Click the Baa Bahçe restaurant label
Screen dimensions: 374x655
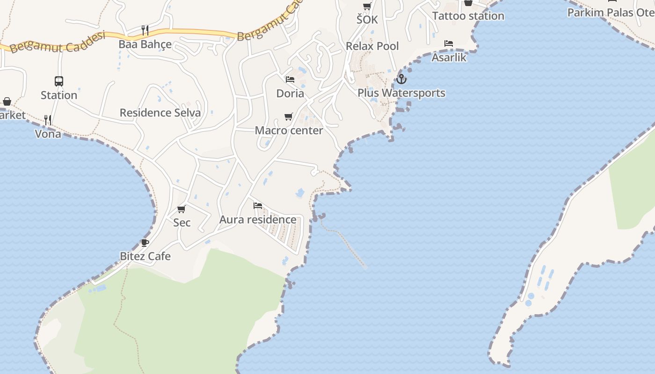click(145, 44)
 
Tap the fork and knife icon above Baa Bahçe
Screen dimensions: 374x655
click(145, 30)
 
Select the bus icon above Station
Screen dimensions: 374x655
click(59, 81)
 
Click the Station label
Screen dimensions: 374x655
click(59, 95)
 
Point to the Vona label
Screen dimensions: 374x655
click(48, 134)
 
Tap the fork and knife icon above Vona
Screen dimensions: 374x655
click(48, 120)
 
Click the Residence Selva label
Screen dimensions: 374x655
click(160, 113)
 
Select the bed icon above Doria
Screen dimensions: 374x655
click(290, 79)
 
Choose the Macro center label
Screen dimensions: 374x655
click(289, 130)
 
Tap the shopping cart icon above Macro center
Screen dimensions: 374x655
click(289, 116)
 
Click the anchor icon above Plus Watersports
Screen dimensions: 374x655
click(401, 79)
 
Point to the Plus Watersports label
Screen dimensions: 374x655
click(401, 93)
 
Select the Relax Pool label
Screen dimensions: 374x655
click(372, 46)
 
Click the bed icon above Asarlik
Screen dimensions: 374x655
click(449, 43)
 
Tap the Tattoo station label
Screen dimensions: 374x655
click(468, 16)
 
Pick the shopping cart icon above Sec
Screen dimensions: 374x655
click(182, 209)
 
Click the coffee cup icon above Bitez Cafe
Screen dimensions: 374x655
click(145, 243)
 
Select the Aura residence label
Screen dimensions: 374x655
click(258, 219)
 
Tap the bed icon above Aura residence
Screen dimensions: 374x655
click(257, 205)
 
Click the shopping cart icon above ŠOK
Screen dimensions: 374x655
click(367, 6)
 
